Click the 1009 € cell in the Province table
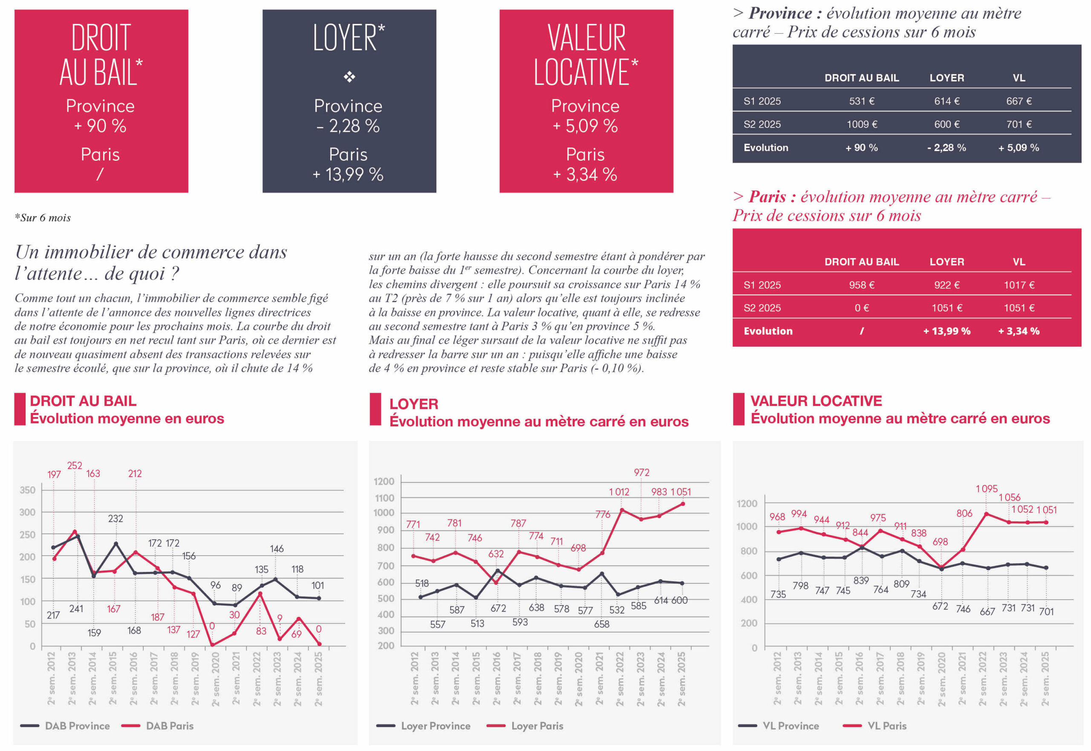pos(862,124)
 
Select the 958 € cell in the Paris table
pos(862,285)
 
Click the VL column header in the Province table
pos(1019,78)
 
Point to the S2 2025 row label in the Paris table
pos(762,308)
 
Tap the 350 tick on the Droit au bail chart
pos(27,490)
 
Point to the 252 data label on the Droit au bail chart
pos(74,465)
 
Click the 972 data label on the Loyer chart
pos(641,473)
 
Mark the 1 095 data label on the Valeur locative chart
pos(986,489)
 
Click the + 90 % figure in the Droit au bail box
pos(100,126)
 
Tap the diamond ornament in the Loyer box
pos(349,77)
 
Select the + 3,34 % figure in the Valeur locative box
pos(586,174)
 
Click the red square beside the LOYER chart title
pos(375,409)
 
